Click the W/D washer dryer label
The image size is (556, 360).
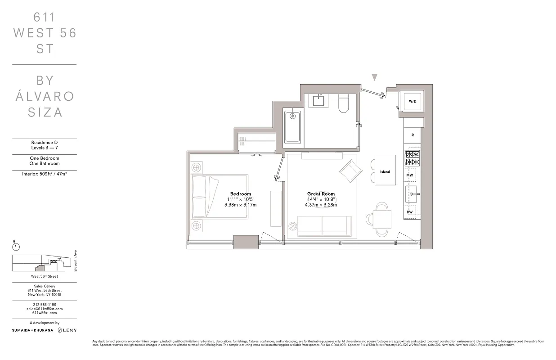[412, 102]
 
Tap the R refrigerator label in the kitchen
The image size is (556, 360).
[412, 135]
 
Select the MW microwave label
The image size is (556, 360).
[410, 175]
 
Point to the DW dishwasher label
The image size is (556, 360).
[410, 211]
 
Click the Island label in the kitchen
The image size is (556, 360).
[385, 171]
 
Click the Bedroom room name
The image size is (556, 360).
[241, 194]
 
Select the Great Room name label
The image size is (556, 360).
[321, 194]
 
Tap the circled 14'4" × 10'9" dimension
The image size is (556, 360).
[321, 199]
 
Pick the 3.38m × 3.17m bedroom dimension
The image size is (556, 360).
[241, 205]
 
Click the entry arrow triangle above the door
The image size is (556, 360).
[374, 77]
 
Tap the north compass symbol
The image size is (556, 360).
[16, 246]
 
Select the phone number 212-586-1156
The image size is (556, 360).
[44, 305]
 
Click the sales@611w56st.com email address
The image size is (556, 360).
[44, 309]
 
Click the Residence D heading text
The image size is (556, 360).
[44, 143]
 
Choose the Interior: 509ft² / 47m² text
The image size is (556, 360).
[44, 173]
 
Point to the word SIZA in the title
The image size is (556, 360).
[45, 112]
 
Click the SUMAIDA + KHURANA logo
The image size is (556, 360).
[32, 330]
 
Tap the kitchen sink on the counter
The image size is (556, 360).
[412, 194]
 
